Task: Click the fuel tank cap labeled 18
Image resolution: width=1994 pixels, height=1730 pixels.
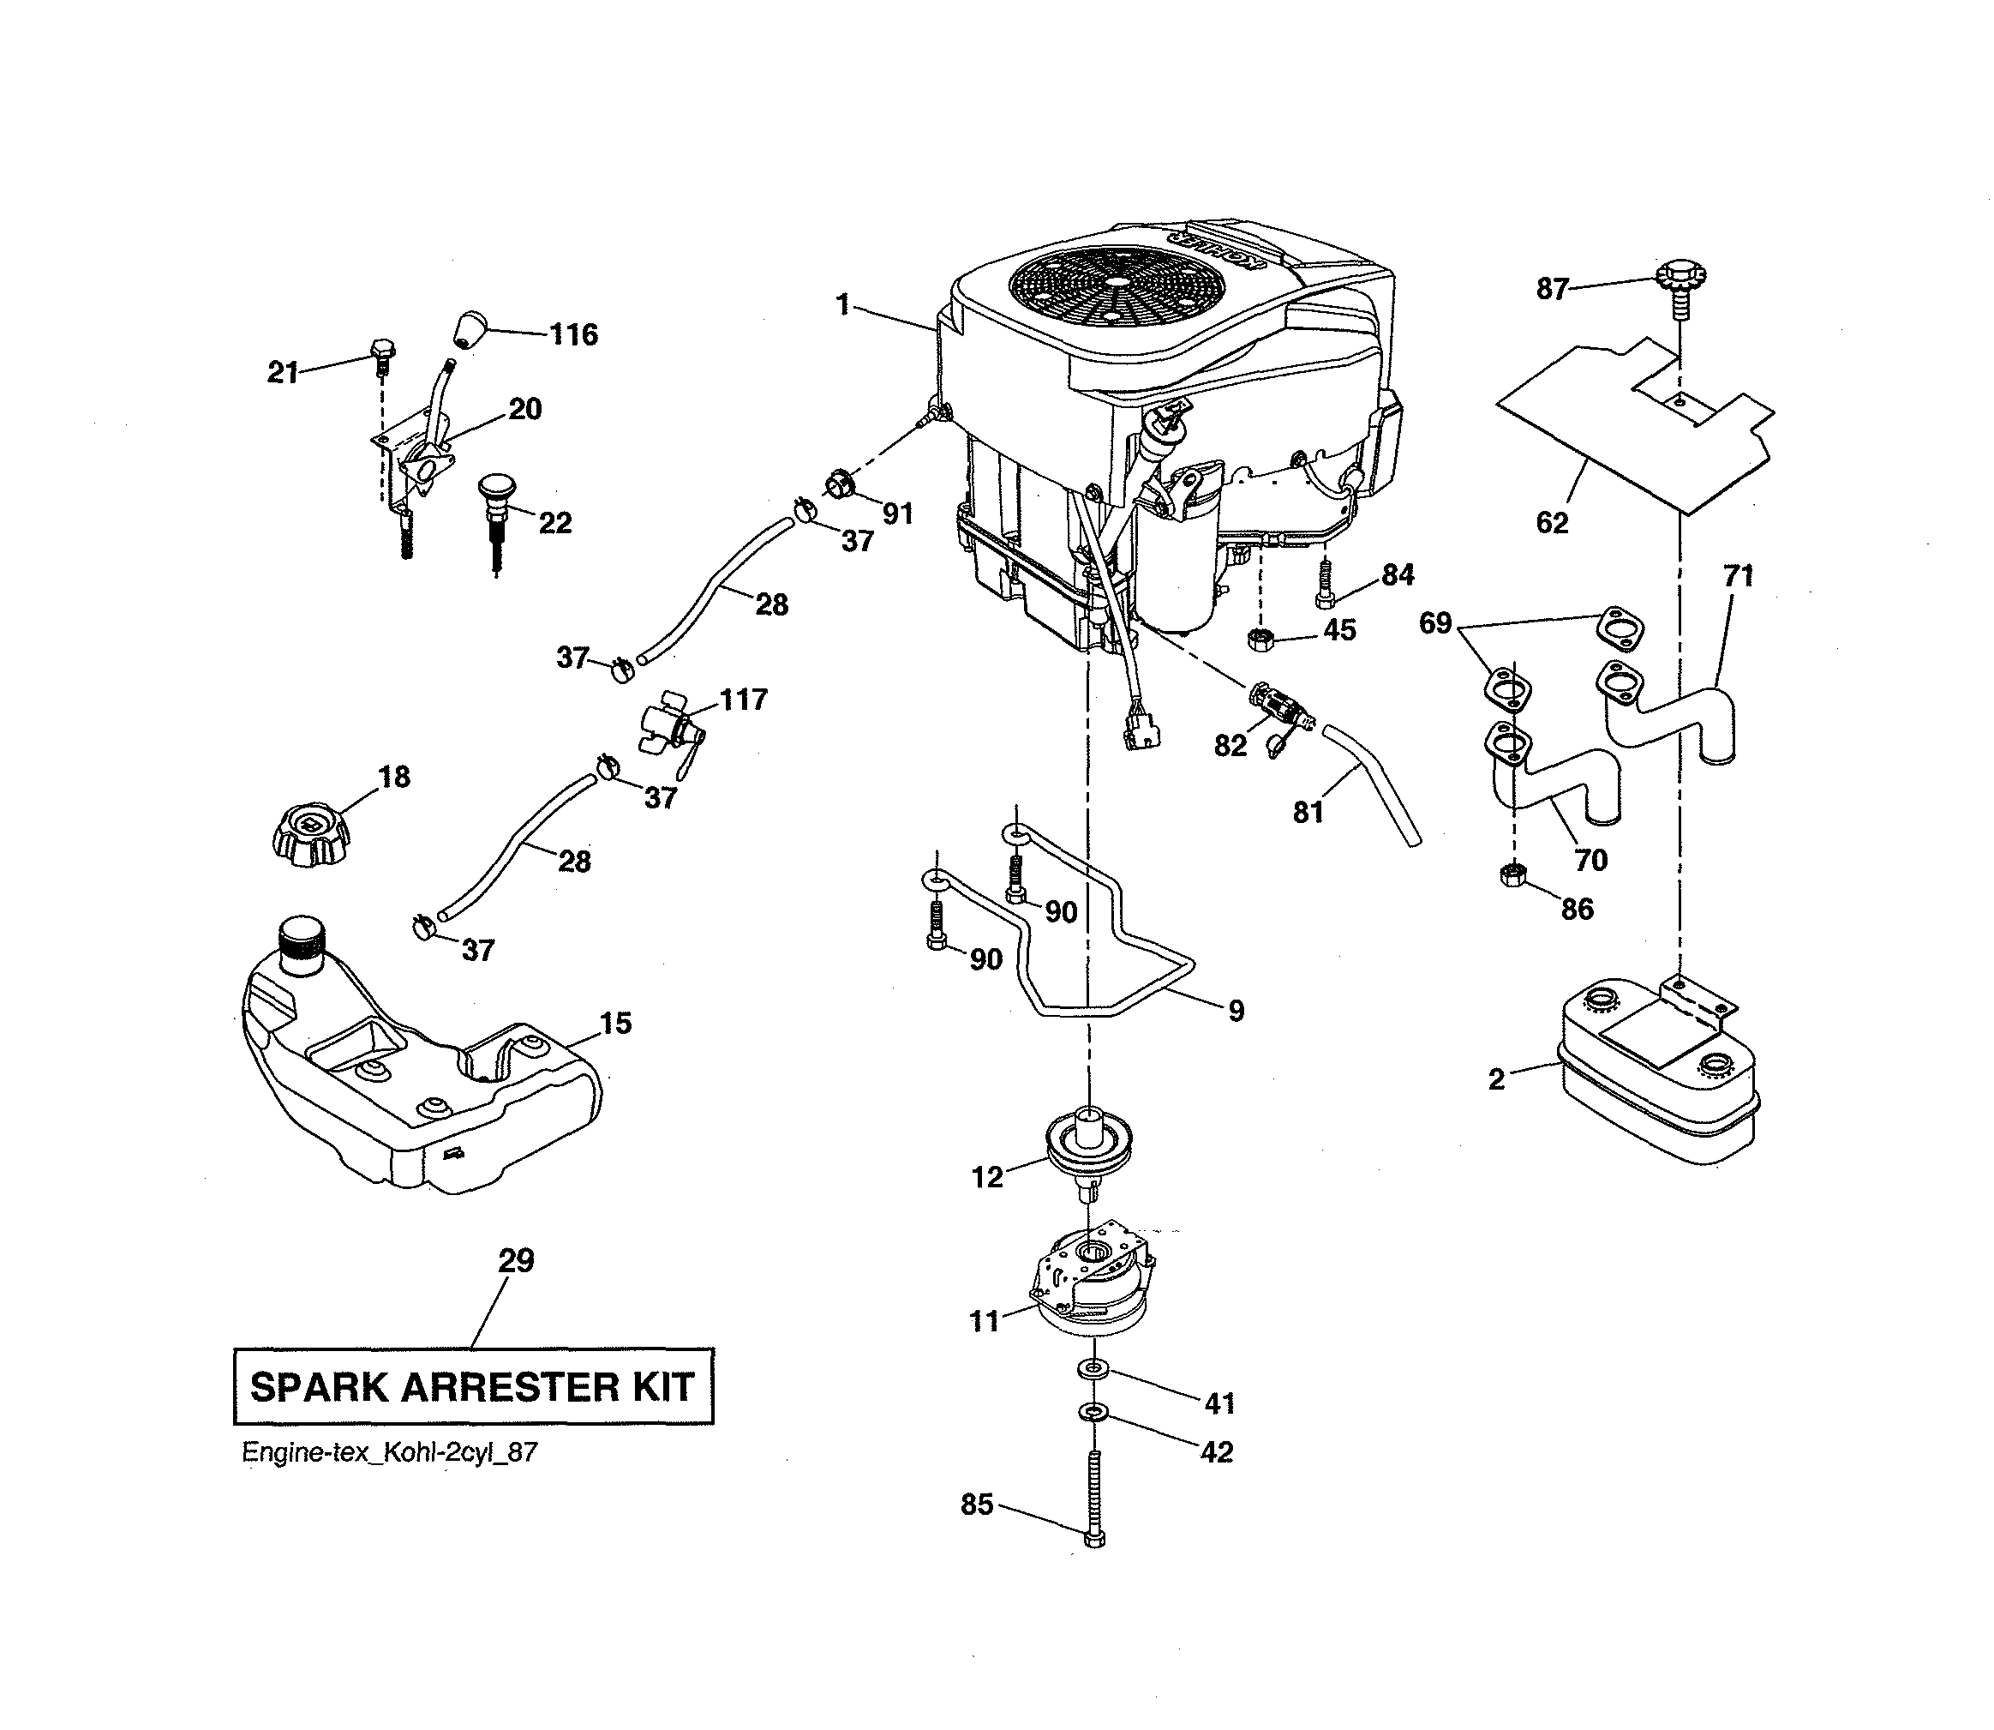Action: click(x=308, y=833)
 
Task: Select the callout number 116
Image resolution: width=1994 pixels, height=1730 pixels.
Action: click(x=573, y=335)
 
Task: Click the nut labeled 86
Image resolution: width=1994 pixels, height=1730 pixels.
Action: click(x=1513, y=875)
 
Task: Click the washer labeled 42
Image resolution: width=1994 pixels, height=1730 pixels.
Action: click(x=1093, y=1414)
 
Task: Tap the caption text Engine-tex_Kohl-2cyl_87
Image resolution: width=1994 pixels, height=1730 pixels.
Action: click(x=389, y=1453)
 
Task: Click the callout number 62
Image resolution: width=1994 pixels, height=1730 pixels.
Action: click(x=1552, y=523)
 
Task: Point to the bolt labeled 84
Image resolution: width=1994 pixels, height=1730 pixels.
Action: click(x=1325, y=585)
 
